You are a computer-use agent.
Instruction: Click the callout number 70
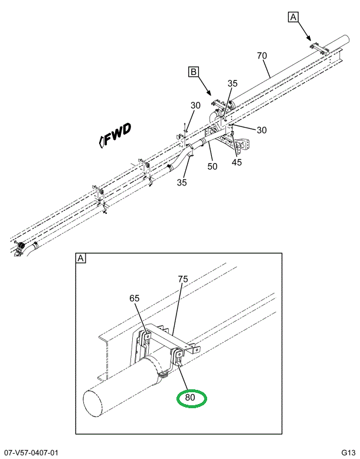262,56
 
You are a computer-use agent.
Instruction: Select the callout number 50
212,167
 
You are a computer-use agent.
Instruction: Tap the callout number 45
237,162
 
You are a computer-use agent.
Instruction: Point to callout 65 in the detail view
135,298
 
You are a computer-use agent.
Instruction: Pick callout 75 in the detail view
183,279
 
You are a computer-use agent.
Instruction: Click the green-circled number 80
190,398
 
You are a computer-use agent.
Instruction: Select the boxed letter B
193,72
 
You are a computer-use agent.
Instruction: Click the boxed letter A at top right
293,17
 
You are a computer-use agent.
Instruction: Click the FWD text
119,134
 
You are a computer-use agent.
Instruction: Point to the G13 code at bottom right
347,453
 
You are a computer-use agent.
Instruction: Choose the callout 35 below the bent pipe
182,183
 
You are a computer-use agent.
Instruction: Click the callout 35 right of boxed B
233,83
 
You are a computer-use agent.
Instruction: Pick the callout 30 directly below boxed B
195,106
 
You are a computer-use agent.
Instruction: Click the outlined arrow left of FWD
102,140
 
